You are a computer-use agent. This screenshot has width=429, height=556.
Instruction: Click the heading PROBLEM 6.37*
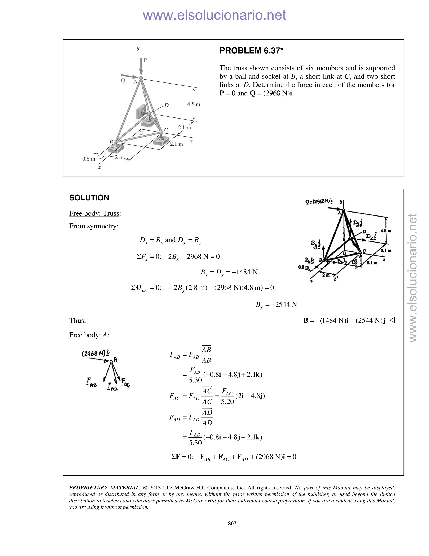[x=251, y=51]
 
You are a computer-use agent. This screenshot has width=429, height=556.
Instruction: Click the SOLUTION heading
[x=89, y=198]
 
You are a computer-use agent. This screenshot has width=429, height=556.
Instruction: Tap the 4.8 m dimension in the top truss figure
[x=194, y=104]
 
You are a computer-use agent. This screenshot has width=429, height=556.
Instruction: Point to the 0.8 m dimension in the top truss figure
[x=88, y=159]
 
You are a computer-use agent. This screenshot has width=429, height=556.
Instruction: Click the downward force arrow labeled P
[x=141, y=67]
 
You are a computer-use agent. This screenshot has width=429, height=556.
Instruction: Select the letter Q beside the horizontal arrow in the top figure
[x=123, y=80]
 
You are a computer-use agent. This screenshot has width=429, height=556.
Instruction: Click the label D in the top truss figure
[x=167, y=105]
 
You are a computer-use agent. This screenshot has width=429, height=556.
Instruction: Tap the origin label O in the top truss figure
[x=142, y=133]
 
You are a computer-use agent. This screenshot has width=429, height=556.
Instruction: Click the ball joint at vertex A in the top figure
[x=141, y=78]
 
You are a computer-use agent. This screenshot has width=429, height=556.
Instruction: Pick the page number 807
[x=232, y=523]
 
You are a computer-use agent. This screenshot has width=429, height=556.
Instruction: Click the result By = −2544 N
[x=276, y=304]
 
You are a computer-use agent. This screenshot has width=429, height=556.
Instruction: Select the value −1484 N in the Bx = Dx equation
[x=244, y=272]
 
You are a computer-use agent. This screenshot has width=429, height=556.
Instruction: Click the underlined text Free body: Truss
[x=94, y=213]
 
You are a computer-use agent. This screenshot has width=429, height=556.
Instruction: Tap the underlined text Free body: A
[x=88, y=335]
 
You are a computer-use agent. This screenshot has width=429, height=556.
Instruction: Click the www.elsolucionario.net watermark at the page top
[x=214, y=15]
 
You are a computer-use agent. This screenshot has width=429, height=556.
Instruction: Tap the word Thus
[x=78, y=321]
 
